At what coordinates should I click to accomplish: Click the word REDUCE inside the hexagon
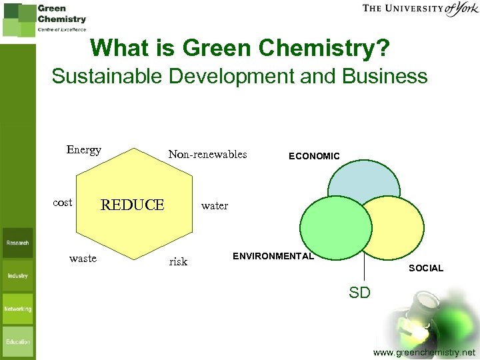pyautogui.click(x=132, y=205)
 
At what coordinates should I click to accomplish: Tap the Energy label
pyautogui.click(x=83, y=150)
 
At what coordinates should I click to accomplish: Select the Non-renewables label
pyautogui.click(x=207, y=155)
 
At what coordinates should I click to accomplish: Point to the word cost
pyautogui.click(x=62, y=203)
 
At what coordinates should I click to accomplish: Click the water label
pyautogui.click(x=214, y=206)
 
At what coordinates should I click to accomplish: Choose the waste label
pyautogui.click(x=83, y=259)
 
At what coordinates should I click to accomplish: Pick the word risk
pyautogui.click(x=178, y=262)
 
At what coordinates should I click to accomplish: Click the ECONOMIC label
pyautogui.click(x=314, y=156)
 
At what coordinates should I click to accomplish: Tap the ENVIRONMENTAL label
pyautogui.click(x=273, y=256)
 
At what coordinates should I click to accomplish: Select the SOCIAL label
pyautogui.click(x=425, y=268)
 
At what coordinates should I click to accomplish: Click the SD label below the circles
pyautogui.click(x=359, y=292)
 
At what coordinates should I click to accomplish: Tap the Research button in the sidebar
pyautogui.click(x=17, y=243)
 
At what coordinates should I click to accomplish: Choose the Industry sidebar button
pyautogui.click(x=17, y=275)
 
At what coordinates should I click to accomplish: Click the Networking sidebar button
pyautogui.click(x=17, y=309)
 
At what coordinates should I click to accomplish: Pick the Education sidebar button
pyautogui.click(x=17, y=341)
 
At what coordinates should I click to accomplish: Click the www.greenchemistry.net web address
pyautogui.click(x=424, y=352)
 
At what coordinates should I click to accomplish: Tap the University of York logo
pyautogui.click(x=420, y=9)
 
